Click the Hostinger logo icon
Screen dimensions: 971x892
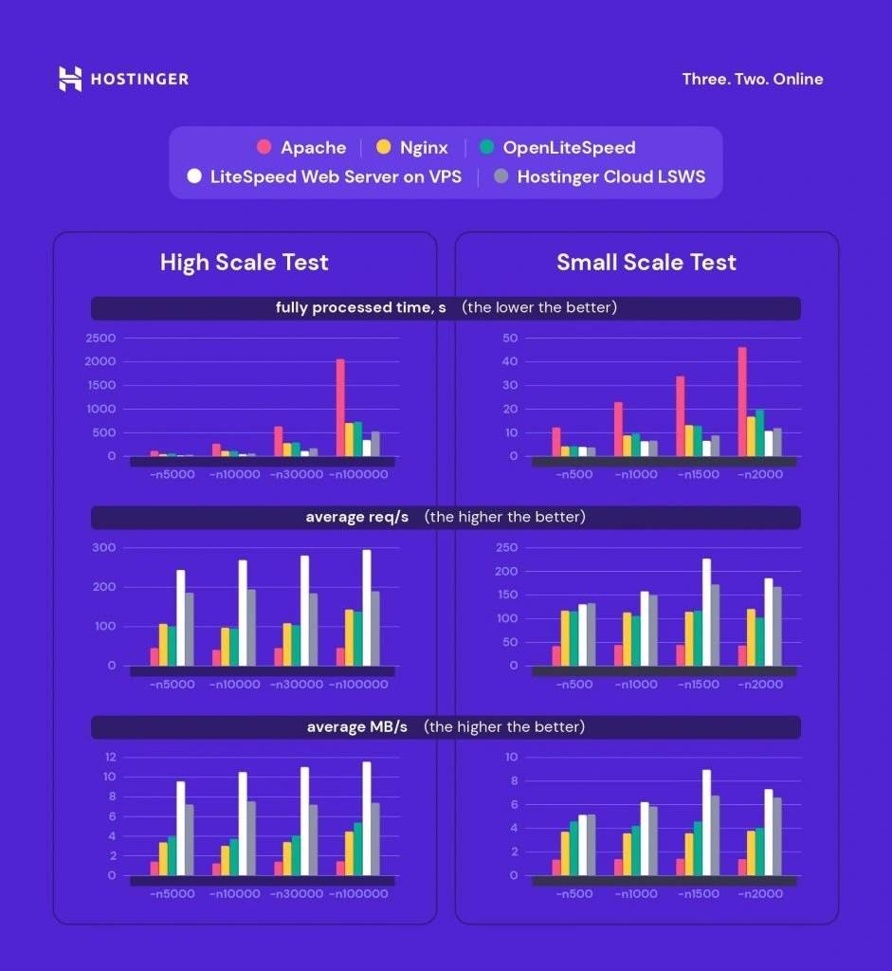coord(70,79)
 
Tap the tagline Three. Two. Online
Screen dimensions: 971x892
coord(752,79)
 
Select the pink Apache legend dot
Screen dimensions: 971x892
coord(264,148)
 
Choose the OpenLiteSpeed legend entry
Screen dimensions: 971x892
coord(569,148)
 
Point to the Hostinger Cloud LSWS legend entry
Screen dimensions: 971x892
coord(610,176)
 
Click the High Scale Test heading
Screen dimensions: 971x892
coord(244,263)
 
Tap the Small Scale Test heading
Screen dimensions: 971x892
coord(646,263)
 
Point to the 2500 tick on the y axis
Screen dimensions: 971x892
coord(100,339)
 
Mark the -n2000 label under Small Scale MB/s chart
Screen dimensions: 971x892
coord(760,893)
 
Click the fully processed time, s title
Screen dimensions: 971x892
coord(360,308)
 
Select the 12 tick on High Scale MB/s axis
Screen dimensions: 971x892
coord(109,757)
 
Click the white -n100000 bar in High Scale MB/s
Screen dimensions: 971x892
coord(366,818)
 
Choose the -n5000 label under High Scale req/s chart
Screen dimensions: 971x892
coord(172,685)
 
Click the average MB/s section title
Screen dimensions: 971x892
coord(356,727)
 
